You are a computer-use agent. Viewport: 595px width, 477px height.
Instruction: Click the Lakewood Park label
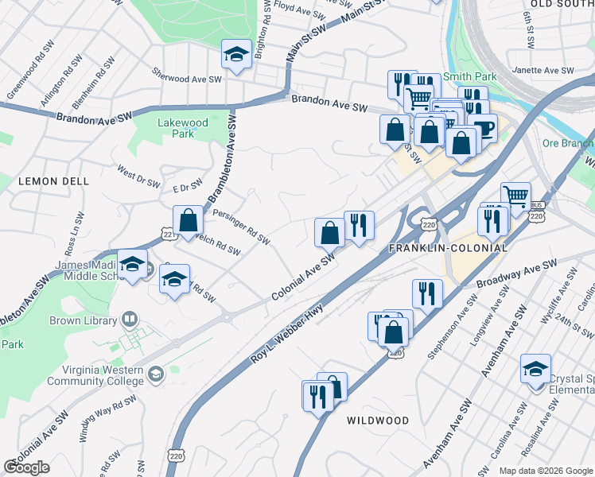tap(183, 128)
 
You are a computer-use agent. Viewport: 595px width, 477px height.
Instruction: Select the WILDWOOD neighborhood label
tap(378, 421)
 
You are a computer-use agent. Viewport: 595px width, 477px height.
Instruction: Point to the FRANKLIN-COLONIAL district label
tap(448, 248)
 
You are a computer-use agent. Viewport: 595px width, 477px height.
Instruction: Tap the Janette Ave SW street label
tap(544, 71)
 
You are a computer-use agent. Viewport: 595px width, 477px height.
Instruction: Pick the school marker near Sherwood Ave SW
tap(236, 56)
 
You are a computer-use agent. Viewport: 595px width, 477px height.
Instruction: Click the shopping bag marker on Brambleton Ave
tap(189, 222)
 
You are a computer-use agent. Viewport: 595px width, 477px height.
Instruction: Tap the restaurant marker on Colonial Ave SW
tap(359, 227)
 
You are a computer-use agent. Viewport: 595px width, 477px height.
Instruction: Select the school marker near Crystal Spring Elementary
tap(535, 370)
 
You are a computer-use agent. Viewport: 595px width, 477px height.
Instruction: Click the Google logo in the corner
tap(26, 467)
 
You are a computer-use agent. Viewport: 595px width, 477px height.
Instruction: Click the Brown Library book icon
tap(127, 320)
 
